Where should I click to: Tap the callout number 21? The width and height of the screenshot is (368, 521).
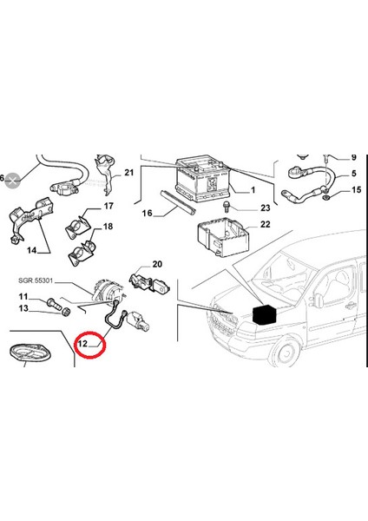[128, 173]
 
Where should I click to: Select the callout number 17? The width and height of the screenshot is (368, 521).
[109, 207]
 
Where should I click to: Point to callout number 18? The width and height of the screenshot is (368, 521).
[109, 227]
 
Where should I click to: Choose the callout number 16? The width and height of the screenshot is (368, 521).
[147, 213]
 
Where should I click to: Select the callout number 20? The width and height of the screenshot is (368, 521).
[157, 264]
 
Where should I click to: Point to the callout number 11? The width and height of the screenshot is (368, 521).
[24, 297]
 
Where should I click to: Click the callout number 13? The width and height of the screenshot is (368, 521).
[24, 309]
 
